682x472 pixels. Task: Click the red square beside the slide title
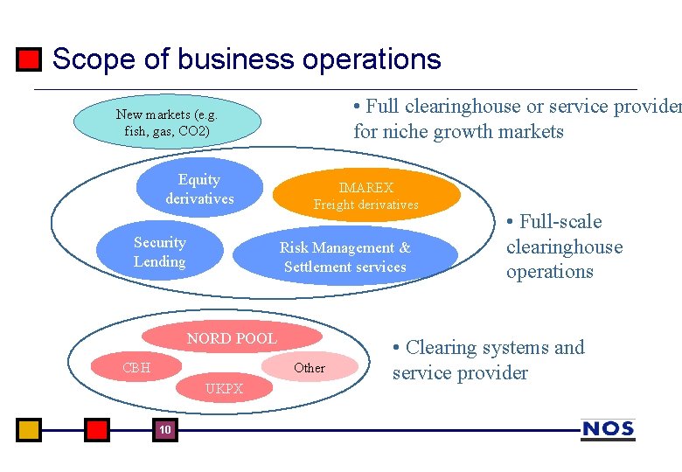29,59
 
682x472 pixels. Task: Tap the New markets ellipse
167,123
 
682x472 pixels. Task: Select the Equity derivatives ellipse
199,189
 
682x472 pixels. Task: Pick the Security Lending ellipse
159,252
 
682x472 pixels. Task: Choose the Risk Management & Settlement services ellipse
344,257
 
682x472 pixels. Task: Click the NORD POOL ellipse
231,338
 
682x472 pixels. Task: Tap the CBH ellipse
136,368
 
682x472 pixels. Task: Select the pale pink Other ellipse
310,368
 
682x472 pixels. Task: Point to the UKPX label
224,389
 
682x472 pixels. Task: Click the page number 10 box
164,430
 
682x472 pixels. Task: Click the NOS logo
608,429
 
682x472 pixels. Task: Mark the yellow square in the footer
29,430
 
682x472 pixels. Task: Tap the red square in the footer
97,430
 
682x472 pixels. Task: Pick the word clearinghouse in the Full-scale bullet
564,246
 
